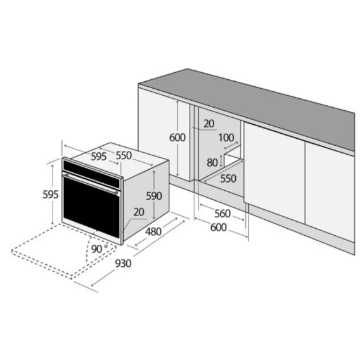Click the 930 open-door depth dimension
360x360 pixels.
click(123, 263)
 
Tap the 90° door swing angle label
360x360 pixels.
click(100, 248)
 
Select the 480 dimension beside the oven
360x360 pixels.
click(153, 231)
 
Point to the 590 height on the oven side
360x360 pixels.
click(154, 196)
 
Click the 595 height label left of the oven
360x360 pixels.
click(51, 195)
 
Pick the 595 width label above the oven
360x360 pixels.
click(99, 157)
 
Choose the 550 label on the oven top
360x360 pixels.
click(124, 155)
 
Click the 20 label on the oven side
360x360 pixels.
click(139, 212)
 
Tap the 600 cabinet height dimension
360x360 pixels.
click(177, 138)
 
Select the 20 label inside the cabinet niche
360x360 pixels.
click(209, 124)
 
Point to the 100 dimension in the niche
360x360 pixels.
click(226, 138)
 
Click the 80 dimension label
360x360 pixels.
click(212, 162)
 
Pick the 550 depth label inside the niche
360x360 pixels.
click(228, 178)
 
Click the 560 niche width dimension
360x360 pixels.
click(222, 214)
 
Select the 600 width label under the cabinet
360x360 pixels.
click(218, 228)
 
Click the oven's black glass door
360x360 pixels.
click(91, 207)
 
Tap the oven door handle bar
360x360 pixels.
click(90, 183)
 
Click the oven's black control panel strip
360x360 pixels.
click(92, 174)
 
